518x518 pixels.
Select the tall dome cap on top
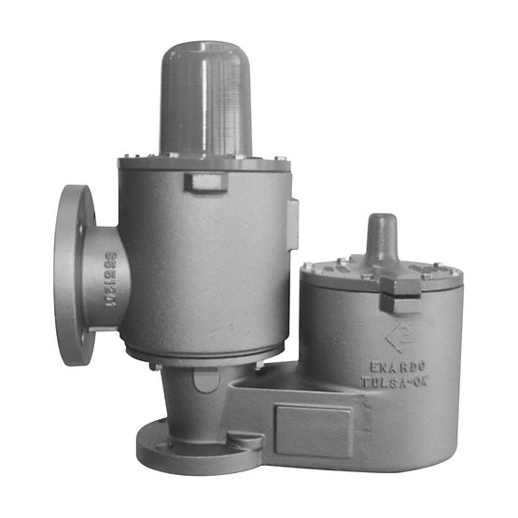tap(206, 98)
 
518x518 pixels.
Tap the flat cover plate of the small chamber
tap(383, 273)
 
